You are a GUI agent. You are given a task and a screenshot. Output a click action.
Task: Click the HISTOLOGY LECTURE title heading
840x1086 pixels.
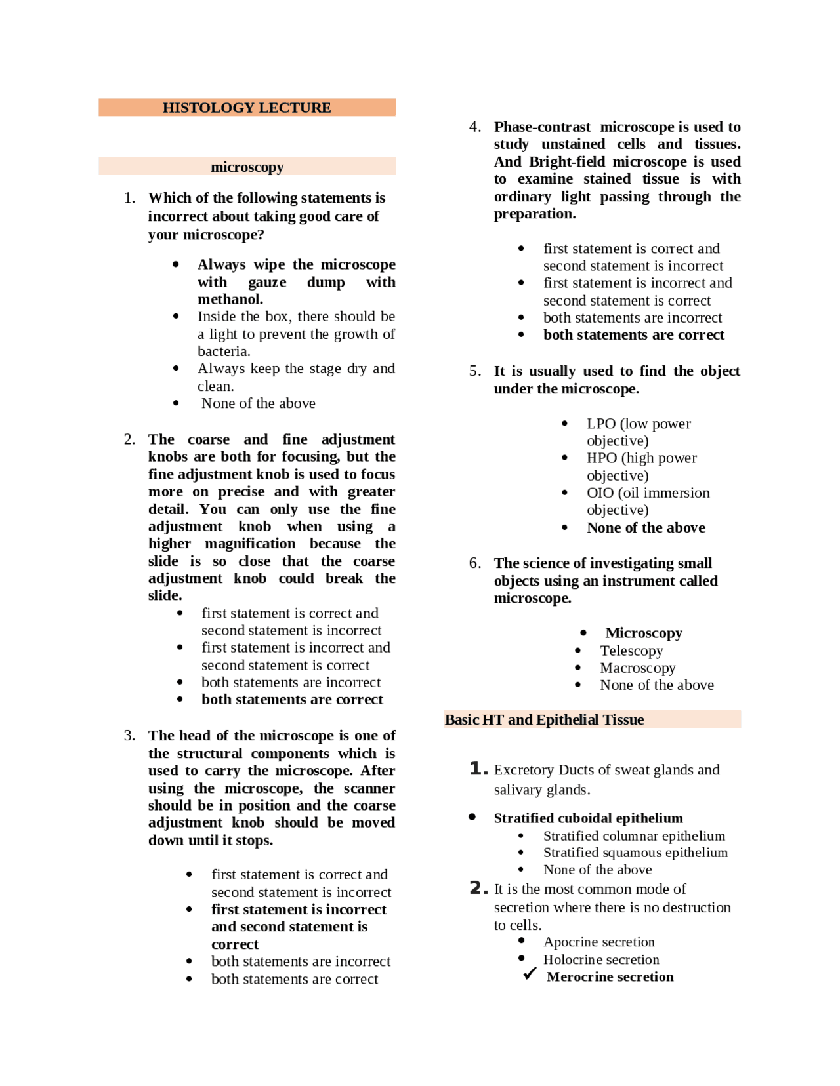[x=247, y=108]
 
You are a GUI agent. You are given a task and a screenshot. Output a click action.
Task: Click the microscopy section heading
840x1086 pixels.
[x=247, y=167]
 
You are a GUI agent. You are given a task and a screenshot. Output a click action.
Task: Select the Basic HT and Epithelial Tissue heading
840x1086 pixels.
[x=544, y=719]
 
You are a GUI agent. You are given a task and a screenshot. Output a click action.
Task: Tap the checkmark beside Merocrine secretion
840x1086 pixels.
[x=530, y=975]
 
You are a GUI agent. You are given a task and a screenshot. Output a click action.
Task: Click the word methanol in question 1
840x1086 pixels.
[x=230, y=299]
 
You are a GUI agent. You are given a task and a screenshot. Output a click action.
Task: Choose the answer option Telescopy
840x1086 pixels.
[x=631, y=651]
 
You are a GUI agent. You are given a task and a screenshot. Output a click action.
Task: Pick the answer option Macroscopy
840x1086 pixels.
[x=637, y=668]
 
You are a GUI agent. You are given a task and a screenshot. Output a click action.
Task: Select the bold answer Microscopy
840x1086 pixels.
[x=643, y=633]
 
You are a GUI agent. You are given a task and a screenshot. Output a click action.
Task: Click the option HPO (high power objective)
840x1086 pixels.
[x=641, y=466]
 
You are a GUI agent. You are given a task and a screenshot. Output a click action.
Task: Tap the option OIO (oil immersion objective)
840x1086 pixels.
[x=648, y=501]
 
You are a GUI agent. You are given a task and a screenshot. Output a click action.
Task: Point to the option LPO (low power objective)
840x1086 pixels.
[x=638, y=432]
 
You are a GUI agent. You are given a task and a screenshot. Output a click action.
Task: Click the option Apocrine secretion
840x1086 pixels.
[x=598, y=942]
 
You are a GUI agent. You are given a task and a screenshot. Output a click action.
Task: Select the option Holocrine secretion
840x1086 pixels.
[x=601, y=959]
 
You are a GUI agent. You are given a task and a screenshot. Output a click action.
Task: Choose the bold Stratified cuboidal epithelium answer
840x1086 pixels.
[x=588, y=818]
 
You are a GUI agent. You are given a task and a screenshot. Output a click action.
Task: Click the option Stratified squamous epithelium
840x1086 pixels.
[x=635, y=852]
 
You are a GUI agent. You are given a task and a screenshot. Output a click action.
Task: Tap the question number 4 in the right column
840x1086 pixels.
[x=474, y=127]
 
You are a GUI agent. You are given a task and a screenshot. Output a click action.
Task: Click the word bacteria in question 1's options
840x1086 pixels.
[x=223, y=351]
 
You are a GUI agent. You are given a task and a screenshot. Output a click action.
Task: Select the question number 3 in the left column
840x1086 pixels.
[x=129, y=735]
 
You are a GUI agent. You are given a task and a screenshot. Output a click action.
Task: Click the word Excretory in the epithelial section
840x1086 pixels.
[x=524, y=769]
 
